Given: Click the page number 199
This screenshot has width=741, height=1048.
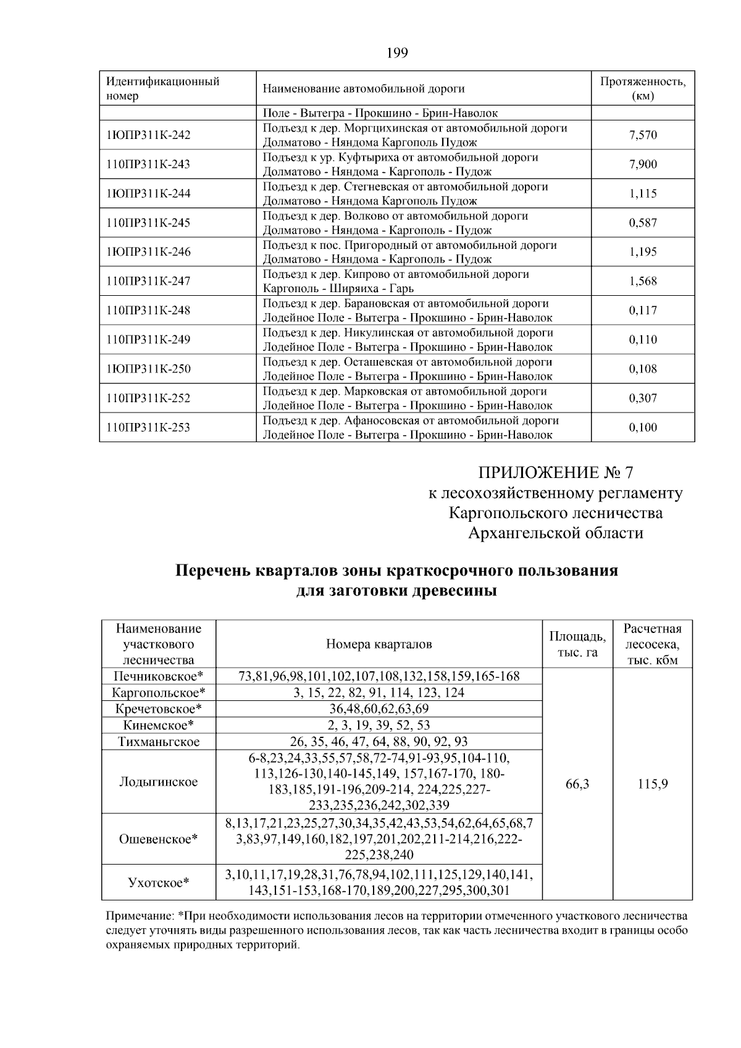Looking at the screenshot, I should pos(397,53).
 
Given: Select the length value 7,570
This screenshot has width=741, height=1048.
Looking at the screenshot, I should pos(643,135).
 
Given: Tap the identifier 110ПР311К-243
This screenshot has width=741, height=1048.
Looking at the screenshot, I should pos(148,164).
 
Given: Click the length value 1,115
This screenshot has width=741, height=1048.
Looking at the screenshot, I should pos(643,193).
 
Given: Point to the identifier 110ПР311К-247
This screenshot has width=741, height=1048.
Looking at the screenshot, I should pos(148,281).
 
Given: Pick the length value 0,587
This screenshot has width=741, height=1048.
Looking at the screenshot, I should pos(643,223).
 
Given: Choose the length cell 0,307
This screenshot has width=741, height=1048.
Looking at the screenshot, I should pos(643,398).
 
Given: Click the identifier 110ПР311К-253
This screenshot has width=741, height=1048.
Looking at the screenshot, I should pos(148,427).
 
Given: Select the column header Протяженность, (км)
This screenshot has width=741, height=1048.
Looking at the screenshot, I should pos(643,89).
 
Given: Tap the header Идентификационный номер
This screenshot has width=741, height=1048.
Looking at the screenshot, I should pos(163,89).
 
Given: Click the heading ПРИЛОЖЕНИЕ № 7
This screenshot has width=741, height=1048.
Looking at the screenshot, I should pos(556,473).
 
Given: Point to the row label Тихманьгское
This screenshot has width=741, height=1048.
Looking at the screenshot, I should pos(159,742).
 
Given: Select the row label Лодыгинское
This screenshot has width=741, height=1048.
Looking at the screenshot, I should pos(159,782).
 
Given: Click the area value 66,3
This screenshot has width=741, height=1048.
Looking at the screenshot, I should pos(577,784).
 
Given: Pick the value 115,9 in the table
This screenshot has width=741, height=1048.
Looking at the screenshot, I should pos(653,784).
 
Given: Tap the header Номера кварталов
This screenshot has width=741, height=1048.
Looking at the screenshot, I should pos(379,644).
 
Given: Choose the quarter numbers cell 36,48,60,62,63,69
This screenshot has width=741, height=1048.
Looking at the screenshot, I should pos(379,709).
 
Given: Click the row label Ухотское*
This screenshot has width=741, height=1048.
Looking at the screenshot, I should pos(159,882).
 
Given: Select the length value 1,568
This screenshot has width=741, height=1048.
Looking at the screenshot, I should pos(643,282).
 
